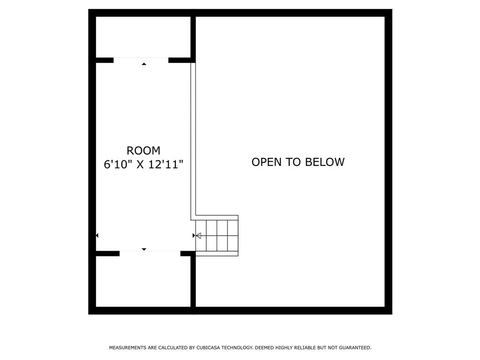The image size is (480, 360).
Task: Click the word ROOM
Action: (x=143, y=150)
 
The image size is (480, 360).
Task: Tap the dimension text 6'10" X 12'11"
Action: (x=143, y=165)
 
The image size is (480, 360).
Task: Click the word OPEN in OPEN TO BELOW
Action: (x=267, y=162)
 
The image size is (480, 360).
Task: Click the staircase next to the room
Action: (x=217, y=235)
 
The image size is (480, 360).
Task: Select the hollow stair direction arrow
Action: (x=199, y=235)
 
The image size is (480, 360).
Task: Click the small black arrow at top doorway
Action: (x=144, y=64)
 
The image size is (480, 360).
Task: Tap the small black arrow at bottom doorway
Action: (x=144, y=249)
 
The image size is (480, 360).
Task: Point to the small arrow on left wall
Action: (x=97, y=235)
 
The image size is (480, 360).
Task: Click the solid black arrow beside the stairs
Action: (x=194, y=235)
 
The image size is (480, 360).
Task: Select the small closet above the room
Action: (x=143, y=37)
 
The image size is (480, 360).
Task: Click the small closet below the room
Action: (x=143, y=281)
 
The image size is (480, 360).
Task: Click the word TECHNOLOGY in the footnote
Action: (x=237, y=348)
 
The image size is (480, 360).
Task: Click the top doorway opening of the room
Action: (x=141, y=60)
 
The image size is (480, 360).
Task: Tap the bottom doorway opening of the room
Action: (x=150, y=254)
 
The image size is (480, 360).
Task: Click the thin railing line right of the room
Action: (x=193, y=141)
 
